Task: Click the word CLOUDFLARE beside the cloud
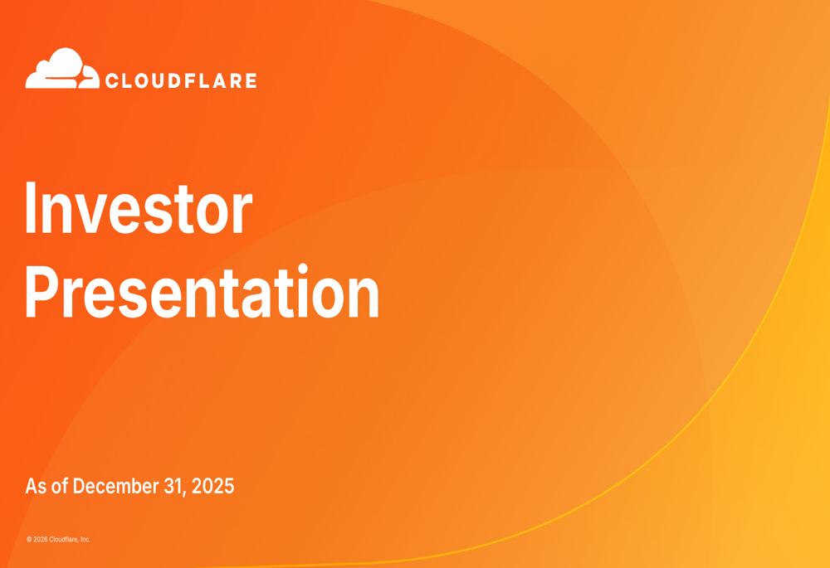(180, 81)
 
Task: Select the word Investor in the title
(138, 208)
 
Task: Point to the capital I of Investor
(32, 208)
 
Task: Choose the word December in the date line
(115, 487)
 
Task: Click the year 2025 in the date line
(213, 487)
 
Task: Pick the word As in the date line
(36, 487)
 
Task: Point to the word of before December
(60, 487)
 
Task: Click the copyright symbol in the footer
(29, 540)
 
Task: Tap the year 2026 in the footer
(40, 540)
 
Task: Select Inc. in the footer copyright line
(85, 540)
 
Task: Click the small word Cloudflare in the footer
(63, 540)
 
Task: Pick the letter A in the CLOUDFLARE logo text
(214, 81)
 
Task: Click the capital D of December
(79, 487)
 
